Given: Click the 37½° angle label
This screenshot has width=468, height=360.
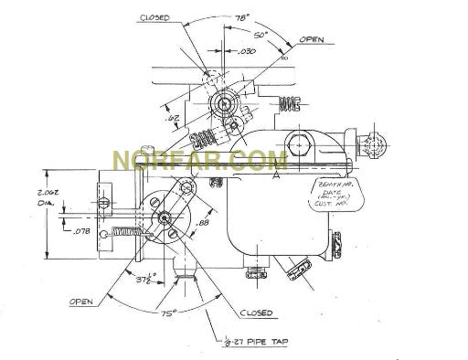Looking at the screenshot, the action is click(x=145, y=278).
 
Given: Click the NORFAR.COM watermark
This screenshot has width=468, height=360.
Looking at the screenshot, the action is click(x=199, y=162).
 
